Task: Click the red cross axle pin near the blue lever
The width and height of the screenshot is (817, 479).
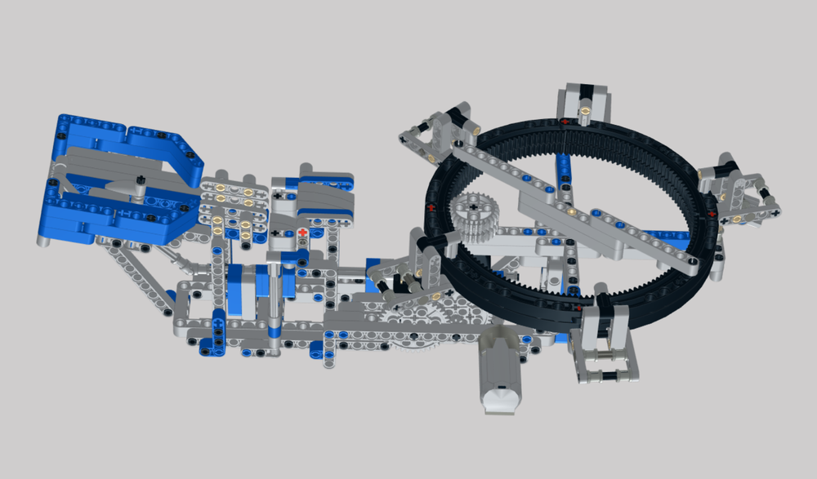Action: (303, 233)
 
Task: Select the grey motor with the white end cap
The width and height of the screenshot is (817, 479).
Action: (500, 375)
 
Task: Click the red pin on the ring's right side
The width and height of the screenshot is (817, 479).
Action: (712, 214)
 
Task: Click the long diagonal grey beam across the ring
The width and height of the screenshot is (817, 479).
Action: (572, 204)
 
